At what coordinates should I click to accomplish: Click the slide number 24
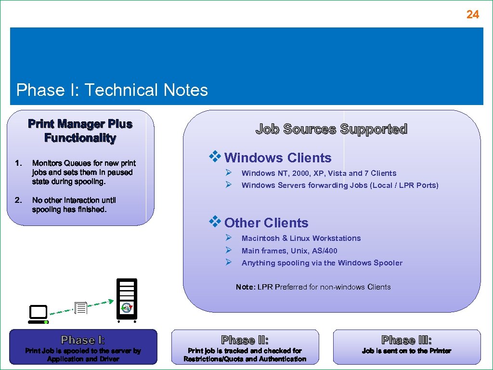pyautogui.click(x=472, y=15)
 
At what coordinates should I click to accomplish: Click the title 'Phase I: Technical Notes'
pyautogui.click(x=112, y=90)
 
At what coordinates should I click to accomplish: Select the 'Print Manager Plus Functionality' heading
pyautogui.click(x=80, y=131)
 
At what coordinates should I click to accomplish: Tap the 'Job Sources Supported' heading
pyautogui.click(x=331, y=129)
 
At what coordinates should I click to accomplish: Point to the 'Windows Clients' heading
pyautogui.click(x=278, y=158)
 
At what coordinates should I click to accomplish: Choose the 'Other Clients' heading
pyautogui.click(x=266, y=223)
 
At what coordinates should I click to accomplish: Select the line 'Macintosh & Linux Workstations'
pyautogui.click(x=301, y=238)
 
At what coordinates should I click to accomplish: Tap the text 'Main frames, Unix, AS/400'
pyautogui.click(x=289, y=251)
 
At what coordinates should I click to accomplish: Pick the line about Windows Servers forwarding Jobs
pyautogui.click(x=340, y=185)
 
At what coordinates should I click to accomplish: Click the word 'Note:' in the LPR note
pyautogui.click(x=246, y=287)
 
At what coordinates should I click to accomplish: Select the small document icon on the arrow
pyautogui.click(x=80, y=307)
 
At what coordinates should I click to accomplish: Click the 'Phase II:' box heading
pyautogui.click(x=245, y=340)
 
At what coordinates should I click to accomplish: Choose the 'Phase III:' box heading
pyautogui.click(x=406, y=340)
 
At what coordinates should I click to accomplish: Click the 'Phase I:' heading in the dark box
pyautogui.click(x=83, y=340)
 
